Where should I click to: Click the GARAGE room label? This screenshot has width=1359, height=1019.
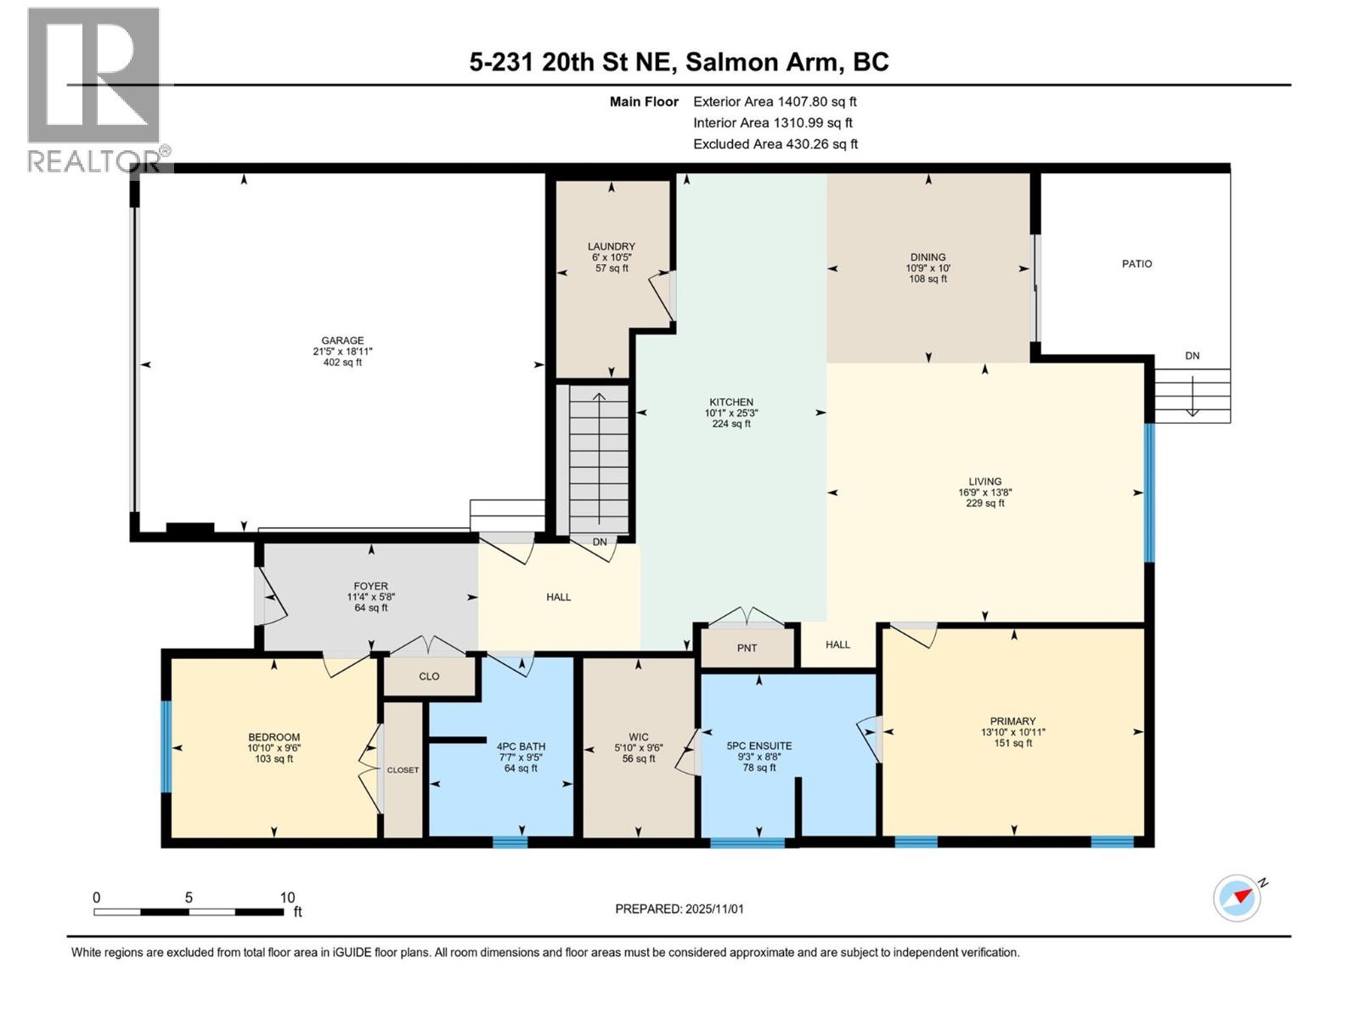tap(342, 341)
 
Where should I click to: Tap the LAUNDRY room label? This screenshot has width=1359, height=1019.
tap(612, 246)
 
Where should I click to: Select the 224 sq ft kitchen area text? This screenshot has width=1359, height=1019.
tap(731, 424)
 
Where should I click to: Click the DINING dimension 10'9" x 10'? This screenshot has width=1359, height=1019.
tap(928, 267)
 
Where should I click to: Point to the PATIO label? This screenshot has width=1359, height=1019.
tap(1136, 264)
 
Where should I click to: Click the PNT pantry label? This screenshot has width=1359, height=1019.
tap(747, 648)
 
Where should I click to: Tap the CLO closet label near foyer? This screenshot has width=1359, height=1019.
tap(429, 676)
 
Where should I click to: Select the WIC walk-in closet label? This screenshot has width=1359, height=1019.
tap(639, 737)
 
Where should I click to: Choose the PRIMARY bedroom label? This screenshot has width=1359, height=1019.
tap(1012, 721)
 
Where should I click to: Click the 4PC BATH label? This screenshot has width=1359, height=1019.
tap(521, 746)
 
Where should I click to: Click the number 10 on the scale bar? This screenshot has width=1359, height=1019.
tap(287, 898)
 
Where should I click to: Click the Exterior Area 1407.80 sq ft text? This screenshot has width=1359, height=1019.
tap(775, 101)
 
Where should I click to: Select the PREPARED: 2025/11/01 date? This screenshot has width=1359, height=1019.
tap(679, 909)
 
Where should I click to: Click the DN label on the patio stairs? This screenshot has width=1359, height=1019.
tap(1193, 356)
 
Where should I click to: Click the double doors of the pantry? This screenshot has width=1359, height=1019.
tap(747, 617)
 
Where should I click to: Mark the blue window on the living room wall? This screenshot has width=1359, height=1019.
tap(1149, 493)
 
